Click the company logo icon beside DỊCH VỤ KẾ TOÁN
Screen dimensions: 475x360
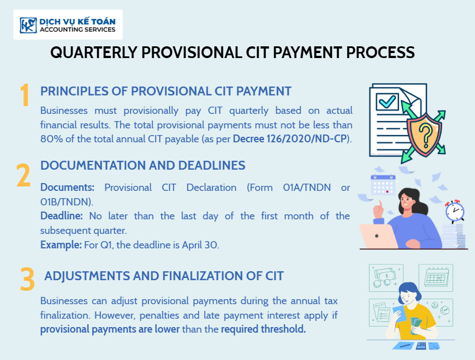click(x=28, y=25)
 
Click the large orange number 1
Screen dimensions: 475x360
click(x=25, y=95)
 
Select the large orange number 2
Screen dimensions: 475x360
click(x=23, y=175)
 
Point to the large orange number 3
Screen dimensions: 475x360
click(x=27, y=279)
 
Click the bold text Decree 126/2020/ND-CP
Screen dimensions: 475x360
click(x=290, y=139)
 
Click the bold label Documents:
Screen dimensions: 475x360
click(x=68, y=188)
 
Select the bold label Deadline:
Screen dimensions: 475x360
click(x=61, y=216)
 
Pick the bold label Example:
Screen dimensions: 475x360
click(x=61, y=245)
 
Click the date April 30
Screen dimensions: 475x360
click(x=200, y=245)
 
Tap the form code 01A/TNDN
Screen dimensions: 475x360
click(x=307, y=188)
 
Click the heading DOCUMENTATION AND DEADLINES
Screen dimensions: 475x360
click(x=143, y=165)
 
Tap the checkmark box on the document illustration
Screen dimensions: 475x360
click(x=387, y=102)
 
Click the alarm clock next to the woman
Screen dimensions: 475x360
click(x=455, y=211)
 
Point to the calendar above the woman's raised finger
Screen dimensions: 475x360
click(x=383, y=185)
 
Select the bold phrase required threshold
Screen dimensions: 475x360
click(x=263, y=329)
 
